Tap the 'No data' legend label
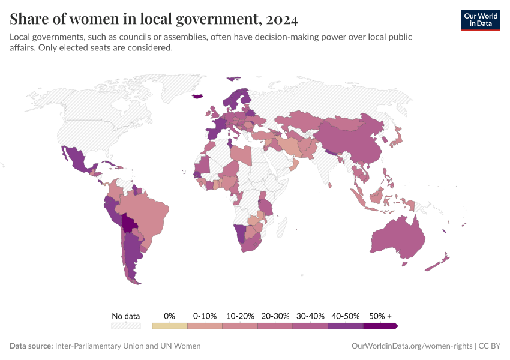(x=126, y=316)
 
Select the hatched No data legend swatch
(x=126, y=326)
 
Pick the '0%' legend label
(x=170, y=316)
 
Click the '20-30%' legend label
(x=275, y=316)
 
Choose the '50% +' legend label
(x=380, y=316)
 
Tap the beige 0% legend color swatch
(x=170, y=326)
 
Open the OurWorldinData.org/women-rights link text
(x=411, y=346)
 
